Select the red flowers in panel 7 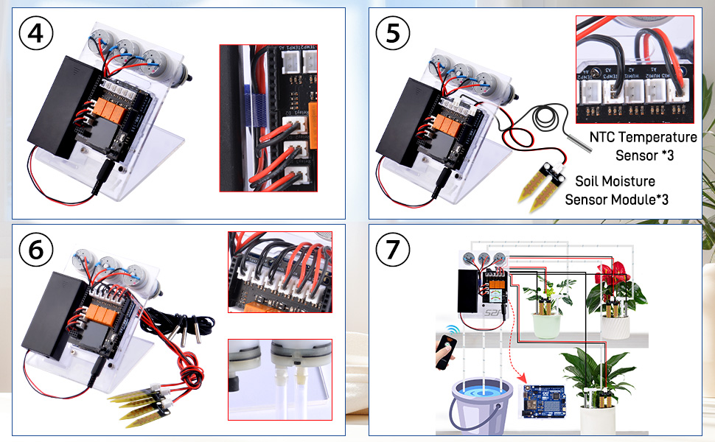(616, 273)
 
